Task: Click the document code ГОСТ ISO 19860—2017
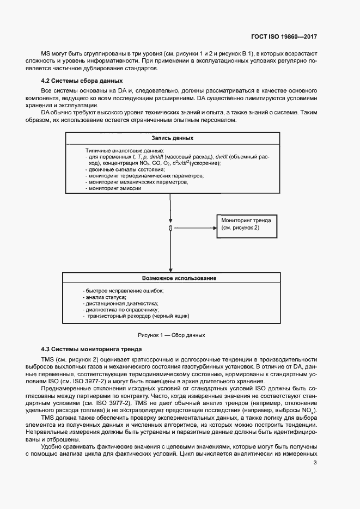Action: [x=285, y=36]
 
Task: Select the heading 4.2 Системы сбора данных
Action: [x=70, y=81]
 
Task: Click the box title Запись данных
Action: [x=172, y=139]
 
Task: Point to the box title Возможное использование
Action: [x=179, y=278]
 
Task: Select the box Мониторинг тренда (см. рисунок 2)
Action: [x=248, y=224]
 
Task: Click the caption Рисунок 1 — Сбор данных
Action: [x=172, y=335]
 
